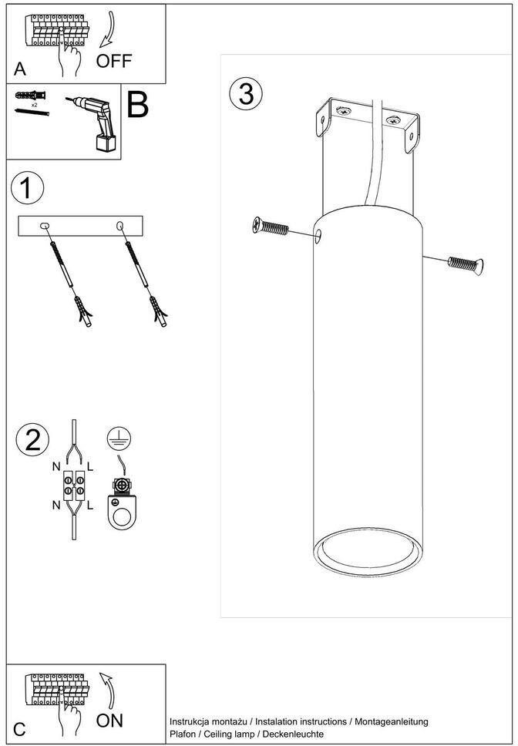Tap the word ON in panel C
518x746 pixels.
pyautogui.click(x=110, y=721)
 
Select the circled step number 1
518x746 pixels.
pyautogui.click(x=27, y=189)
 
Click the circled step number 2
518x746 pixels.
pyautogui.click(x=32, y=439)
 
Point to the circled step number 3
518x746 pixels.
pyautogui.click(x=246, y=94)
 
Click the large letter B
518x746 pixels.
pyautogui.click(x=137, y=105)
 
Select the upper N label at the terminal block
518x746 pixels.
pyautogui.click(x=55, y=467)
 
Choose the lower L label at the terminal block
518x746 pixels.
pyautogui.click(x=90, y=506)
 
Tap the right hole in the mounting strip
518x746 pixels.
pyautogui.click(x=119, y=225)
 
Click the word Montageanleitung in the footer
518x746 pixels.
pyautogui.click(x=389, y=721)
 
